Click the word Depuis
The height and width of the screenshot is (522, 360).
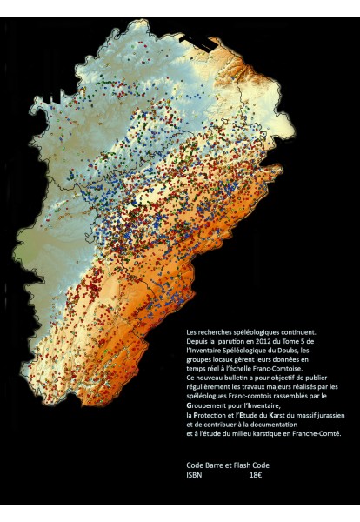pyautogui.click(x=197, y=341)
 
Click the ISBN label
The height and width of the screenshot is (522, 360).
pyautogui.click(x=194, y=475)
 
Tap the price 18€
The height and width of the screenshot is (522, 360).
pyautogui.click(x=256, y=475)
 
